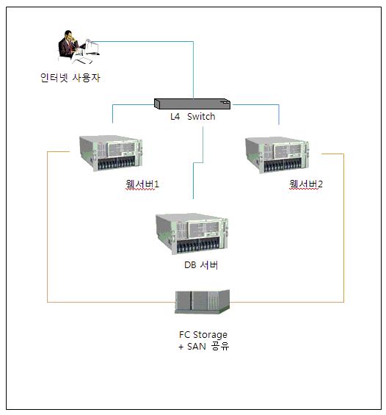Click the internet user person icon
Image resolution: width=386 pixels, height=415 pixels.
pyautogui.click(x=79, y=47)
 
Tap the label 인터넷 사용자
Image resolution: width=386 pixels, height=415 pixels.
pyautogui.click(x=70, y=78)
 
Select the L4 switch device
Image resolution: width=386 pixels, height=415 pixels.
pyautogui.click(x=192, y=104)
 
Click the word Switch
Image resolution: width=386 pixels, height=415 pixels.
pyautogui.click(x=201, y=117)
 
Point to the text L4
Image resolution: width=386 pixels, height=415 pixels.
pyautogui.click(x=175, y=117)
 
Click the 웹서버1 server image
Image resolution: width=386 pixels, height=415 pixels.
pyautogui.click(x=111, y=153)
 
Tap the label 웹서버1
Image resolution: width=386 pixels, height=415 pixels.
pyautogui.click(x=142, y=184)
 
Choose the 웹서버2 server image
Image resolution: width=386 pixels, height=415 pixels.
pyautogui.click(x=277, y=154)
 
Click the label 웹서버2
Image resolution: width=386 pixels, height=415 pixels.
pyautogui.click(x=306, y=184)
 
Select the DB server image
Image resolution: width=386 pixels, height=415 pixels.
pyautogui.click(x=192, y=234)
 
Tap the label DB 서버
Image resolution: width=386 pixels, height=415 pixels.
pyautogui.click(x=201, y=265)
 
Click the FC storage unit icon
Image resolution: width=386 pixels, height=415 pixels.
pyautogui.click(x=203, y=301)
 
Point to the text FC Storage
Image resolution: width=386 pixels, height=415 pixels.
pyautogui.click(x=203, y=335)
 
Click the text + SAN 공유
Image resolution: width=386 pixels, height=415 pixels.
pyautogui.click(x=203, y=347)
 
